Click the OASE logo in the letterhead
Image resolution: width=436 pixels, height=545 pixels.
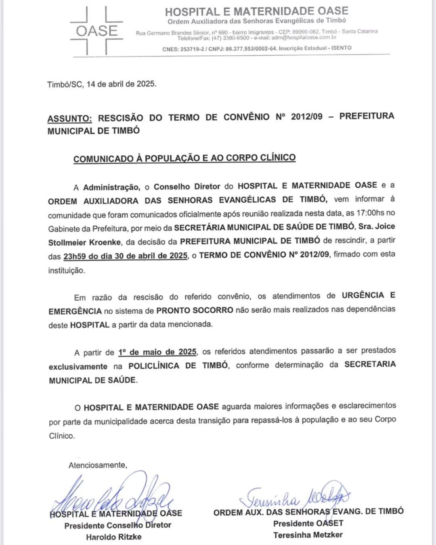tap(96, 31)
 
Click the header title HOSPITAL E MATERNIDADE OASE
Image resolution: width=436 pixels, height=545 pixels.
tap(256, 11)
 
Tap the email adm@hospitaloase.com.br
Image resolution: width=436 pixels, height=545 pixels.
tap(304, 38)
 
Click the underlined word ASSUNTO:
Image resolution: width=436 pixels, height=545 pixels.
tap(69, 119)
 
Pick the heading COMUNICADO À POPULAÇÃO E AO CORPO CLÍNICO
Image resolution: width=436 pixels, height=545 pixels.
tap(184, 158)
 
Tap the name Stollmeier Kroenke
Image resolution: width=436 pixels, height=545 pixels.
tap(84, 242)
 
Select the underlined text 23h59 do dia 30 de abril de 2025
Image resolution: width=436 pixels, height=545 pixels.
tap(125, 256)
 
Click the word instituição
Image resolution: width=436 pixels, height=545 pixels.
tap(67, 271)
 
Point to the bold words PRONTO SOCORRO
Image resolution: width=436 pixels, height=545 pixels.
tap(195, 310)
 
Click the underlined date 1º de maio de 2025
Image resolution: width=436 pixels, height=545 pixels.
tap(157, 352)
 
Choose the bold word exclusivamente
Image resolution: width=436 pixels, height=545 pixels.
tap(78, 367)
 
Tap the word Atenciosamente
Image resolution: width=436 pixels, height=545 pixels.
tap(97, 465)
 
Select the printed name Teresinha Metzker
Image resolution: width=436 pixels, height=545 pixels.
tap(308, 535)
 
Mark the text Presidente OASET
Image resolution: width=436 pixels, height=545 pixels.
tap(308, 523)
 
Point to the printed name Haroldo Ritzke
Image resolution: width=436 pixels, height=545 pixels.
tap(113, 537)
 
